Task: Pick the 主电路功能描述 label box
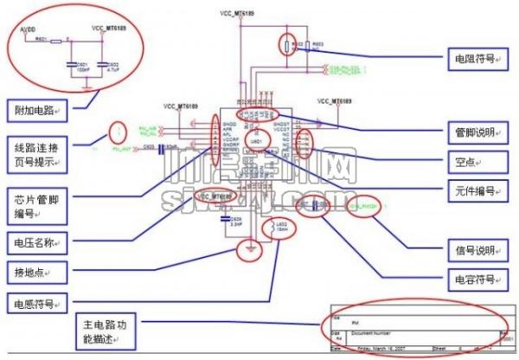(104, 326)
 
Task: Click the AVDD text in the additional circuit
(26, 29)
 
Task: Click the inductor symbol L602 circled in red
(279, 226)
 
